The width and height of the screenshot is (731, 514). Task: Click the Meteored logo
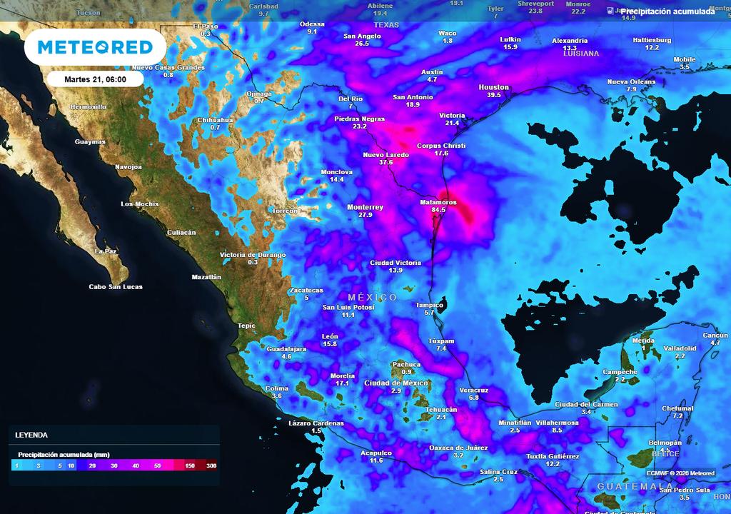coord(95,47)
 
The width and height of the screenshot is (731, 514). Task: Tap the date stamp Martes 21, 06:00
coord(95,79)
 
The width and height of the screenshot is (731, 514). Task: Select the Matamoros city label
coord(438,202)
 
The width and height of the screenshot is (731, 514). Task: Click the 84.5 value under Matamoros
coord(438,210)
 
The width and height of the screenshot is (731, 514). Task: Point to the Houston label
coord(493,87)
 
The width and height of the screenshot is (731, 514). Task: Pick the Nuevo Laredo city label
coord(386,154)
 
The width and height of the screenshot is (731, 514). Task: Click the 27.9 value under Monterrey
coord(365,214)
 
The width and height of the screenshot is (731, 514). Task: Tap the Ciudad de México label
coord(395,383)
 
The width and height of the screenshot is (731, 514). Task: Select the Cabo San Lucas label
coord(116,287)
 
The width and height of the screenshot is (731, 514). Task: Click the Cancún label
coord(715,336)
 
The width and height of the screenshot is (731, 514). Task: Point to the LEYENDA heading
coord(31,434)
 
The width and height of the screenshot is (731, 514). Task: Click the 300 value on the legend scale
coord(211,465)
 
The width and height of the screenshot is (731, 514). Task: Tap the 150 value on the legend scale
coord(191,465)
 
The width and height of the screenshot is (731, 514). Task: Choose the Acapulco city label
coord(376,453)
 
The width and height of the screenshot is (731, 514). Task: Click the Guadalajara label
coord(286,348)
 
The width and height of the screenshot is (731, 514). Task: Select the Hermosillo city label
coord(89,106)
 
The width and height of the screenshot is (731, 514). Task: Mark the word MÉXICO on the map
coord(373,297)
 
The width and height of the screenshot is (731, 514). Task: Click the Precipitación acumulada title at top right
coord(667,12)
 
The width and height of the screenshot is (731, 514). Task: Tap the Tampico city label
coord(429,305)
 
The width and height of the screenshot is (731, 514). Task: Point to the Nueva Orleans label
coord(631,81)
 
